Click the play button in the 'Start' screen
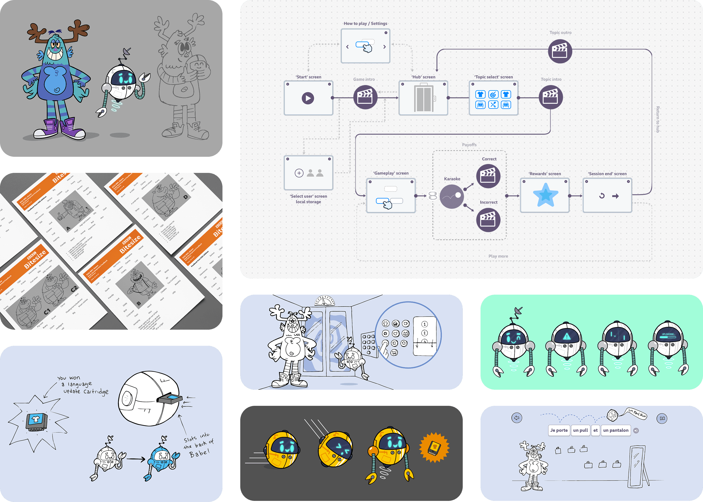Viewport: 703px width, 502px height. (308, 98)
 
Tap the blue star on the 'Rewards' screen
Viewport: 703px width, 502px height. (545, 195)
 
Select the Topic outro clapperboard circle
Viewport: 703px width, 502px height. (560, 51)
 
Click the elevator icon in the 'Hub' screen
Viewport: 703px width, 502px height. (424, 98)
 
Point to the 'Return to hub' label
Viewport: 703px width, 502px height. (658, 119)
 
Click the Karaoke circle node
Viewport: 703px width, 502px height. (452, 197)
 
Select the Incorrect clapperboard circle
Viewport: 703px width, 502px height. (488, 220)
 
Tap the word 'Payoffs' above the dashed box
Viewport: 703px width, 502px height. (469, 145)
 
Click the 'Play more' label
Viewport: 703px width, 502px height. (498, 256)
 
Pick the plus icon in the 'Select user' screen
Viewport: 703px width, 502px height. (299, 173)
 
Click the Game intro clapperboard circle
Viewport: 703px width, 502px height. (365, 97)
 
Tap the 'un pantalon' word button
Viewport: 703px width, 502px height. (615, 430)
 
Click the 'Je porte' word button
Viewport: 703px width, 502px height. (559, 430)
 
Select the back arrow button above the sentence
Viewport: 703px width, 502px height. (516, 418)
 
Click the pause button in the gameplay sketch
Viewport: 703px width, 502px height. (662, 419)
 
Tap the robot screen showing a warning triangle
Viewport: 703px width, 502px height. (567, 337)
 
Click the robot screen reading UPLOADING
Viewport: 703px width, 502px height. (668, 336)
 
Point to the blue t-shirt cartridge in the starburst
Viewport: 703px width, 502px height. (36, 420)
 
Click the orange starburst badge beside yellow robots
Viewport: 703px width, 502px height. (434, 447)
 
